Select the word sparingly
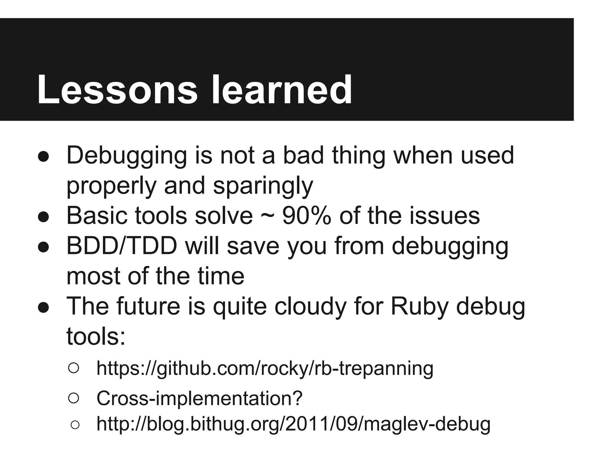pyautogui.click(x=263, y=186)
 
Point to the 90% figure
pyautogui.click(x=306, y=216)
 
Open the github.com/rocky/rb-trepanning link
pyautogui.click(x=265, y=368)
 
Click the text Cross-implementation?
pyautogui.click(x=199, y=398)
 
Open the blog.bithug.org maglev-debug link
pyautogui.click(x=293, y=424)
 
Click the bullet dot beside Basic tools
pyautogui.click(x=43, y=217)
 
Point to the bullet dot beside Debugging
pyautogui.click(x=43, y=157)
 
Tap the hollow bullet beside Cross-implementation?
pyautogui.click(x=73, y=398)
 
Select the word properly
pyautogui.click(x=111, y=186)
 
